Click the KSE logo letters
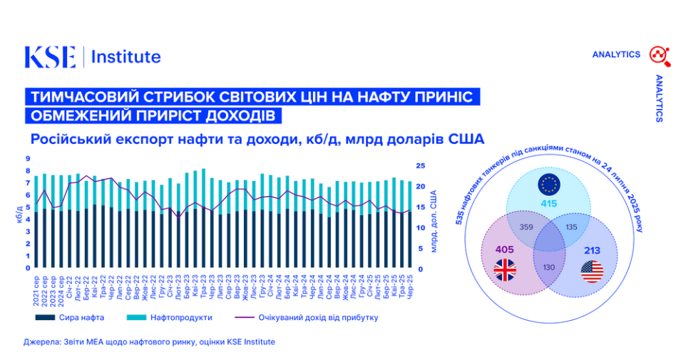point(50,57)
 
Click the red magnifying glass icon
point(657,54)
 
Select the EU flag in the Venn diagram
point(549,185)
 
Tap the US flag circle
point(592,272)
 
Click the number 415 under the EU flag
point(548,204)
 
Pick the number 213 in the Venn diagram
point(591,251)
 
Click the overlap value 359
point(526,227)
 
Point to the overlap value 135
point(571,227)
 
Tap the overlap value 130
point(548,267)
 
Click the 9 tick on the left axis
point(28,159)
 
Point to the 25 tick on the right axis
point(421,165)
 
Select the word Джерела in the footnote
point(39,342)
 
